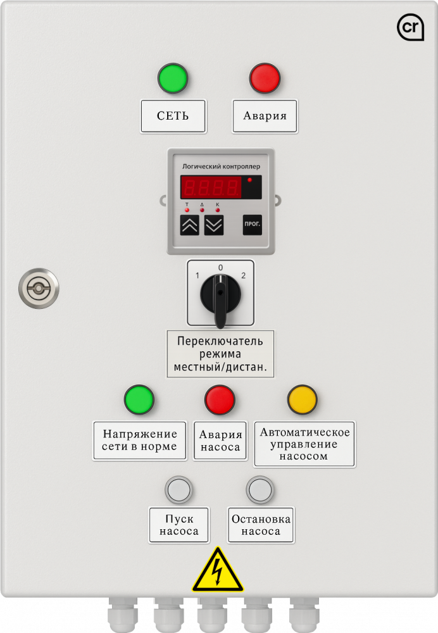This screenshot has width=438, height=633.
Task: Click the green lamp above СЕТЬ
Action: pyautogui.click(x=173, y=78)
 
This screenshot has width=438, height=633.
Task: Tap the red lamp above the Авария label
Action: pyautogui.click(x=265, y=78)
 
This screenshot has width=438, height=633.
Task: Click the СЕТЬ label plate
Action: pyautogui.click(x=173, y=116)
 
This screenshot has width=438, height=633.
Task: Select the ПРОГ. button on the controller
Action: pyautogui.click(x=253, y=225)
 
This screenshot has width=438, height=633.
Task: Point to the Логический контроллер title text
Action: pyautogui.click(x=221, y=166)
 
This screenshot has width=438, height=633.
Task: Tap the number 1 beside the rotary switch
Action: pyautogui.click(x=197, y=276)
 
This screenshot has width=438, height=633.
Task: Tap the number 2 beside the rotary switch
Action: pyautogui.click(x=244, y=276)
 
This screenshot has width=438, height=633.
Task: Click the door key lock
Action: pyautogui.click(x=39, y=288)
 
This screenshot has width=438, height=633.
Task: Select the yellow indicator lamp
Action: pyautogui.click(x=303, y=399)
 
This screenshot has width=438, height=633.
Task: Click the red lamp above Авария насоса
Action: pyautogui.click(x=220, y=399)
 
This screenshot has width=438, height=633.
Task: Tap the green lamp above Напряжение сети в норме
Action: pyautogui.click(x=139, y=399)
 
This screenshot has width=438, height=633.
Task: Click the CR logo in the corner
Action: pyautogui.click(x=411, y=27)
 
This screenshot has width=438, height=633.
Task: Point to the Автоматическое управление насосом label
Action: pyautogui.click(x=304, y=444)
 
